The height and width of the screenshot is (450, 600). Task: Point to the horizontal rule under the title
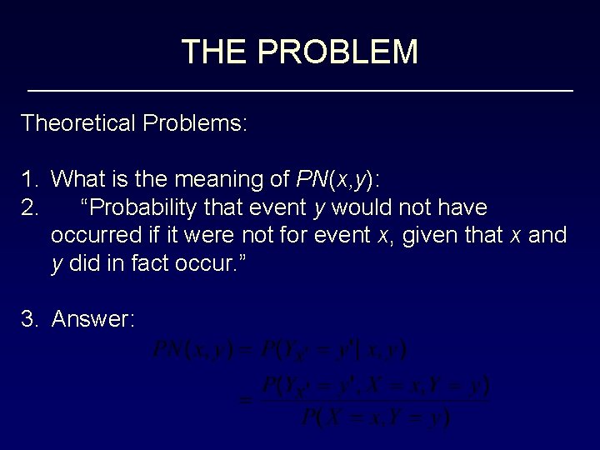pyautogui.click(x=300, y=89)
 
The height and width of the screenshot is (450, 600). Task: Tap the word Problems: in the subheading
pyautogui.click(x=195, y=123)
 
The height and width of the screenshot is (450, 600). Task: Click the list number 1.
pyautogui.click(x=29, y=179)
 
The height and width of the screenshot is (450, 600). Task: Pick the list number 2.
pyautogui.click(x=29, y=207)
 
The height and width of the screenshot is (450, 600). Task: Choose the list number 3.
pyautogui.click(x=29, y=318)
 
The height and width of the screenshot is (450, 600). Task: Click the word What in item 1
pyautogui.click(x=77, y=179)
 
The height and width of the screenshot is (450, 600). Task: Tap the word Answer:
pyautogui.click(x=93, y=318)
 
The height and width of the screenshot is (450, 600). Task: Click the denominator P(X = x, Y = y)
pyautogui.click(x=375, y=416)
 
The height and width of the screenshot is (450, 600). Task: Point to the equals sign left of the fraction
pyautogui.click(x=246, y=401)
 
